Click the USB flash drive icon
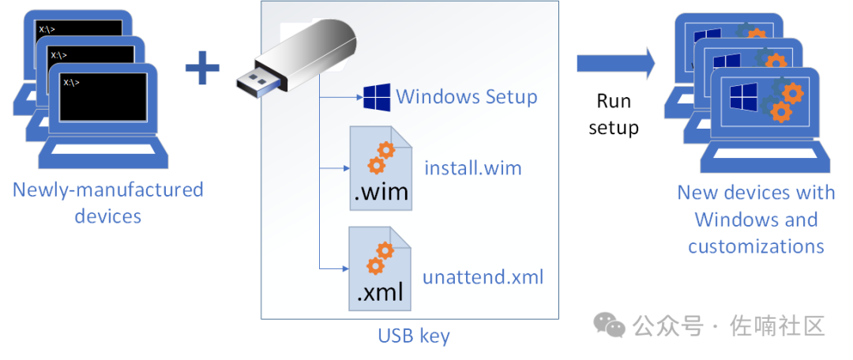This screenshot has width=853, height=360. (296, 58)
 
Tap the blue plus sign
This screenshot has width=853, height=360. (202, 67)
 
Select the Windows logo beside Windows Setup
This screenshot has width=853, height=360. (377, 97)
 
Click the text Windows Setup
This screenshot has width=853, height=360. (467, 97)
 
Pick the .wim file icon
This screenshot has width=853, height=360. (381, 169)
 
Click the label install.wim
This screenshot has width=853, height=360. (473, 168)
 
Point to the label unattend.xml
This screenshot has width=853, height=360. (483, 277)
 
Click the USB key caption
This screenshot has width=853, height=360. (414, 336)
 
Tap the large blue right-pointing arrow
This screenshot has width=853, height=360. (616, 63)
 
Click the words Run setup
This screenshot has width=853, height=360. (614, 114)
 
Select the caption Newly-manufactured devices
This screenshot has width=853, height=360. (107, 203)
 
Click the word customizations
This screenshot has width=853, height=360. (756, 246)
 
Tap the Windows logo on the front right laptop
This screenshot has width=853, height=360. (742, 96)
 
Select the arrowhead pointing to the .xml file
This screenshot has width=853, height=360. (345, 268)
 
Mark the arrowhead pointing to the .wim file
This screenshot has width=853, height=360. (345, 169)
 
